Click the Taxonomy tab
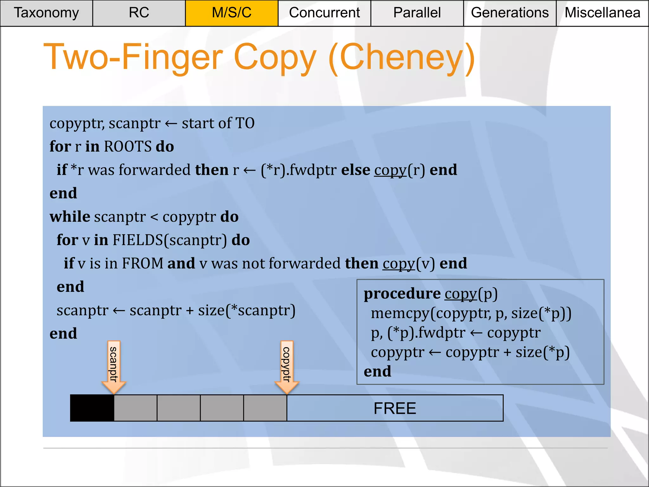point(46,13)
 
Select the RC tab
point(139,13)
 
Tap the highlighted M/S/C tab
point(232,13)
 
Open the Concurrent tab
point(324,13)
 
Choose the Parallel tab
point(417,13)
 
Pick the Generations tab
point(510,13)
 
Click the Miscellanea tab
point(602,13)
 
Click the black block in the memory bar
point(92,408)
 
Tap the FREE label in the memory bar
point(395,408)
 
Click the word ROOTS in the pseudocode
point(128,147)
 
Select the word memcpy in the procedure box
point(400,314)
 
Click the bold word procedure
point(402,294)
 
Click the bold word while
point(70,217)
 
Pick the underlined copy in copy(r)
point(390,170)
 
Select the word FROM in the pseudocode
point(143,263)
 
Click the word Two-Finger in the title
point(133,58)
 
